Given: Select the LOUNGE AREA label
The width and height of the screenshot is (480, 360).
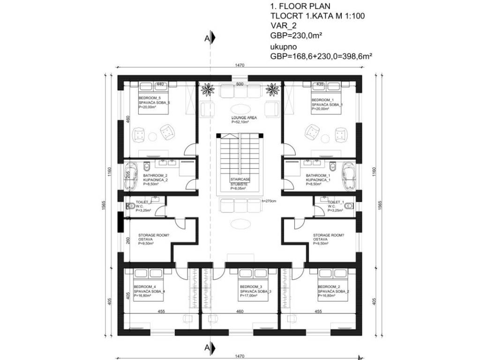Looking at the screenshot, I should pos(240,118).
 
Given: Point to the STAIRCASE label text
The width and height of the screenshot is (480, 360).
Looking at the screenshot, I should pos(239,180).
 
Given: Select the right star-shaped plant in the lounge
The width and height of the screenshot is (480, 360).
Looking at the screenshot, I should pos(271,89).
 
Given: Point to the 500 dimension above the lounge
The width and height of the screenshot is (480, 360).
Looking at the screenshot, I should pos(240,84).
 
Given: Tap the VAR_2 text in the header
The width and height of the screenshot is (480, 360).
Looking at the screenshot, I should pos(284,26).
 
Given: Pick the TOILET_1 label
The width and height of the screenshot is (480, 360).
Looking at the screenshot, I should pos(336,202).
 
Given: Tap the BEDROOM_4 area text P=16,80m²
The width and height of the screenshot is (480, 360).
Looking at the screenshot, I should pos(144,296).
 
